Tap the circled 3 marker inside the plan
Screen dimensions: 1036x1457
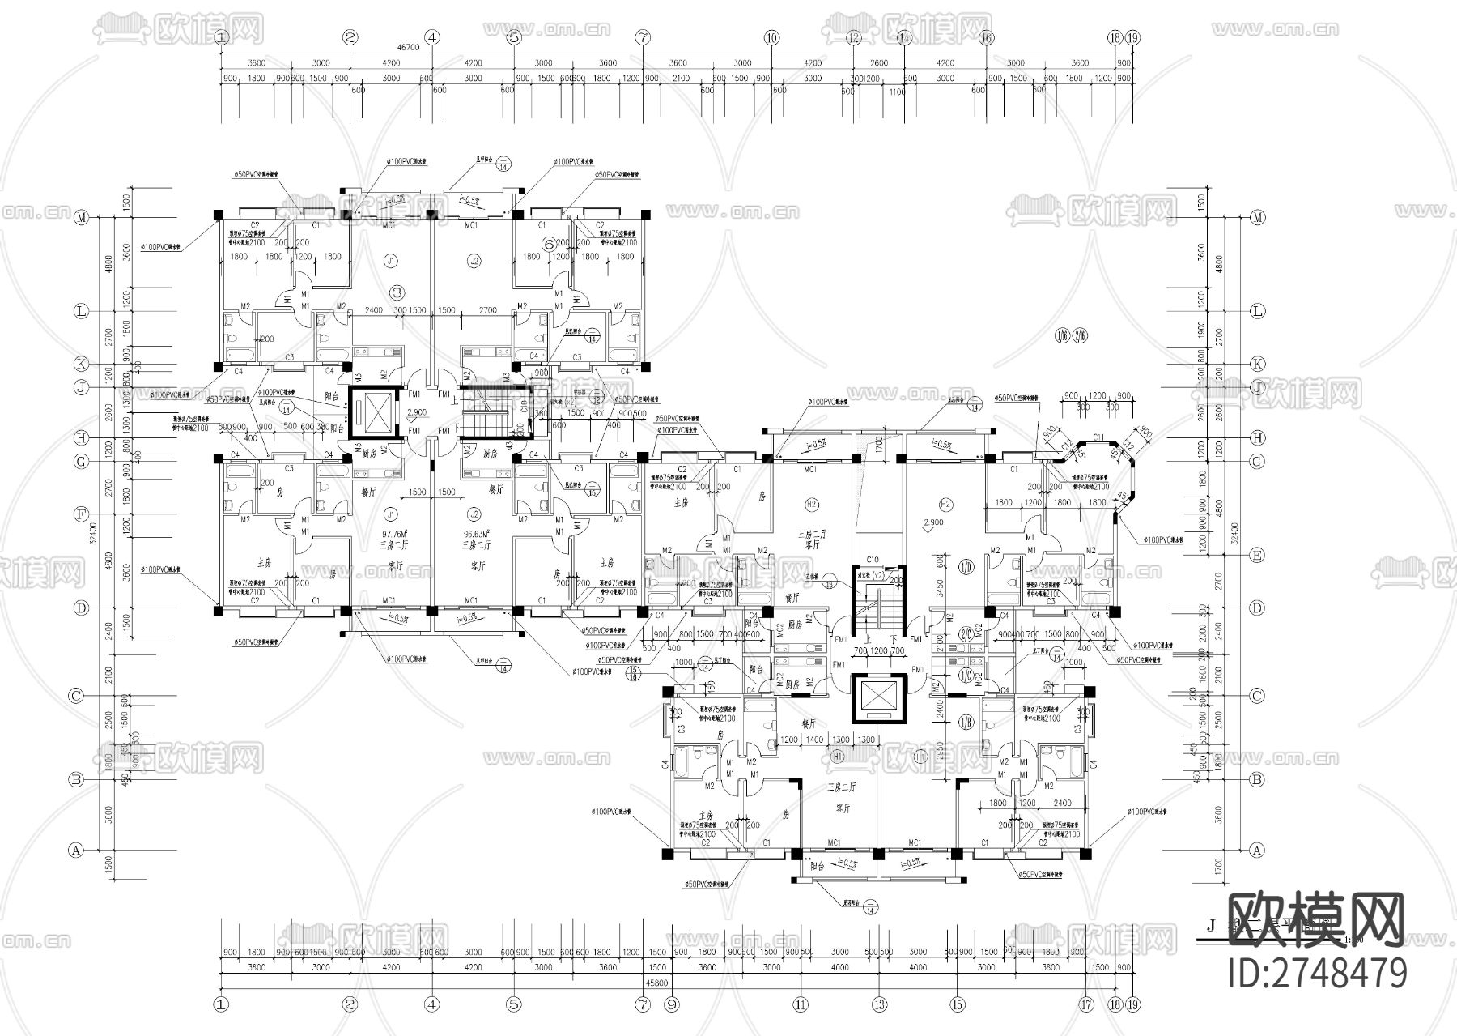point(397,292)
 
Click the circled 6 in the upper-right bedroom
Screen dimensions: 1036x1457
point(548,242)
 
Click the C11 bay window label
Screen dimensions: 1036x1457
point(1098,438)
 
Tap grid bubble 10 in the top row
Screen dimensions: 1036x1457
point(771,37)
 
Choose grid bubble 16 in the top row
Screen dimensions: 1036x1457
point(985,37)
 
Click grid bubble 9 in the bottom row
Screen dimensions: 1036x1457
point(670,1005)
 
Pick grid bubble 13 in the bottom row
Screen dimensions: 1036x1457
point(879,1005)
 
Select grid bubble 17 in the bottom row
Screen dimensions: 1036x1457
point(1085,1005)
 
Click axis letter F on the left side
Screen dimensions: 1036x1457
point(80,514)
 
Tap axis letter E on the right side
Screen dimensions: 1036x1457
point(1257,556)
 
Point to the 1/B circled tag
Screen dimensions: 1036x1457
point(965,722)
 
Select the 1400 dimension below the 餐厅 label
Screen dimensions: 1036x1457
point(814,740)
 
